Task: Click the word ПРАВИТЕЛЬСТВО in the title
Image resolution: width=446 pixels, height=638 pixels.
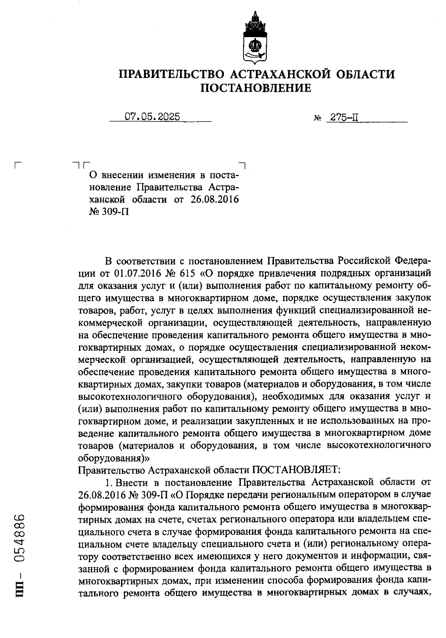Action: (x=171, y=74)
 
